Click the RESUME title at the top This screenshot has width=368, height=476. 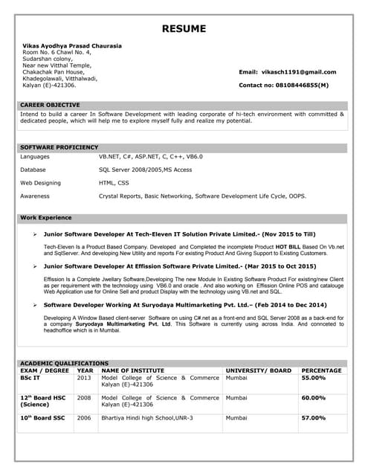184,30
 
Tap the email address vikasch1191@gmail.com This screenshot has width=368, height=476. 299,72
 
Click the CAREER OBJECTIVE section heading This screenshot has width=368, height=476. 50,105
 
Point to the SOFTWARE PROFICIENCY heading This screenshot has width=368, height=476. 59,147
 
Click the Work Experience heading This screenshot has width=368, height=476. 45,218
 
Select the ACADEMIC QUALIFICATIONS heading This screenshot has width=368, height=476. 64,363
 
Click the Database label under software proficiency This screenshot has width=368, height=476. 33,170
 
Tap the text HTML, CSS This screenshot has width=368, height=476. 114,182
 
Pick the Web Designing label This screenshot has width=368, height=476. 40,182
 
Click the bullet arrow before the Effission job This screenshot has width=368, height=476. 36,266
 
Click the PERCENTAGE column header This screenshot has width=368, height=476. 321,370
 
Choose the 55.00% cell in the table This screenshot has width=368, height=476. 313,378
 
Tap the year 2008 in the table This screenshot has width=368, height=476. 84,398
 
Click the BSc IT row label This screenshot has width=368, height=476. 30,378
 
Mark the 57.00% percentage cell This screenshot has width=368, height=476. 313,418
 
